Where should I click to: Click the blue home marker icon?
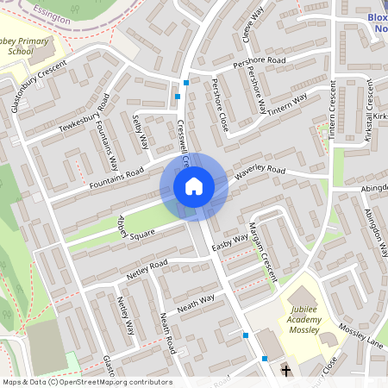[194, 186]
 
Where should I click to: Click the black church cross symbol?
[285, 371]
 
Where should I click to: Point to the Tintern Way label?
[287, 105]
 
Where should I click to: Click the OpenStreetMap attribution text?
[86, 382]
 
